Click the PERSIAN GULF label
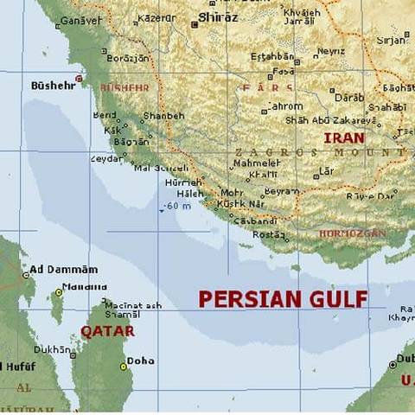[x=283, y=299]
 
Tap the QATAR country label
[x=108, y=331]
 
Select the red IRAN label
[x=343, y=138]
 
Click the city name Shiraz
[x=218, y=16]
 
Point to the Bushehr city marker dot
[x=79, y=79]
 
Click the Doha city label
[x=141, y=361]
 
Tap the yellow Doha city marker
[x=124, y=366]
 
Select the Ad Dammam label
[x=63, y=270]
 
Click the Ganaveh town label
[x=80, y=19]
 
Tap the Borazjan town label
[x=127, y=58]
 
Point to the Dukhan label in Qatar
[x=51, y=349]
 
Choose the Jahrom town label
[x=284, y=106]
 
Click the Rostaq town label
[x=268, y=234]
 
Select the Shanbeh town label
[x=163, y=116]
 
